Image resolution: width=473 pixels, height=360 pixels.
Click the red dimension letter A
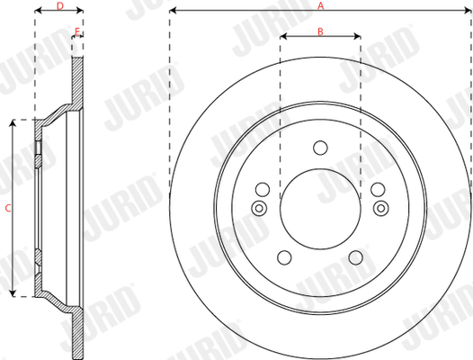320,5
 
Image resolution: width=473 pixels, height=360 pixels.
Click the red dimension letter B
320,31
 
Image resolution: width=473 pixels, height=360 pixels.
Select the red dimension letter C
8,208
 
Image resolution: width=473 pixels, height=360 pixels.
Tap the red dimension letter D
60,5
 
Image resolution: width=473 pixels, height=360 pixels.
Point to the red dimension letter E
77,31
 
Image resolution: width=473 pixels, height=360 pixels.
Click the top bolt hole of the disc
320,148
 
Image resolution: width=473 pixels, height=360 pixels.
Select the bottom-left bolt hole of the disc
284,257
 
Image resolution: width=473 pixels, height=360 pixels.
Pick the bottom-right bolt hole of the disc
356,257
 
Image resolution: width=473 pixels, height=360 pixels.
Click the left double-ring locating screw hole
259,208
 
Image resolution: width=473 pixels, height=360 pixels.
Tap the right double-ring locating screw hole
381,208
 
